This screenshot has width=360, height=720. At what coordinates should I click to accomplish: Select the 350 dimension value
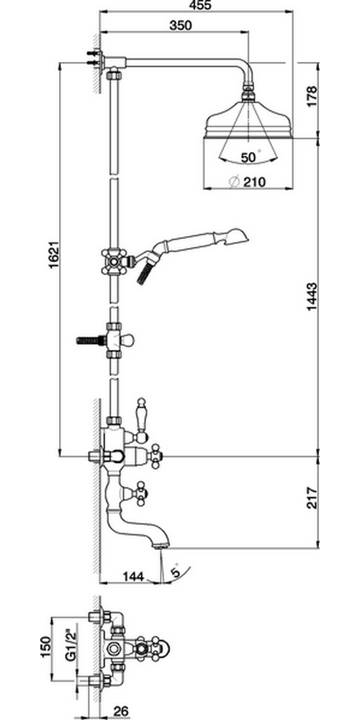tap(181, 26)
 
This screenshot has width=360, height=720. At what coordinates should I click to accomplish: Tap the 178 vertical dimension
tap(312, 96)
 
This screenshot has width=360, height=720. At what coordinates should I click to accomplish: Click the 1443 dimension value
tap(312, 297)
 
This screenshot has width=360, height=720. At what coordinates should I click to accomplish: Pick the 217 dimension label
tap(312, 498)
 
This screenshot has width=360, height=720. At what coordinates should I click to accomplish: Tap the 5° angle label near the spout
tap(176, 571)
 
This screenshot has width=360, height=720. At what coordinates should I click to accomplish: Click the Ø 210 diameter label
tap(248, 182)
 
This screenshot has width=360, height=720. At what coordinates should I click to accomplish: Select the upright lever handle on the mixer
tap(141, 415)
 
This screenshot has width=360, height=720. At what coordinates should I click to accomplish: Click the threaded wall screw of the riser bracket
tap(91, 341)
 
